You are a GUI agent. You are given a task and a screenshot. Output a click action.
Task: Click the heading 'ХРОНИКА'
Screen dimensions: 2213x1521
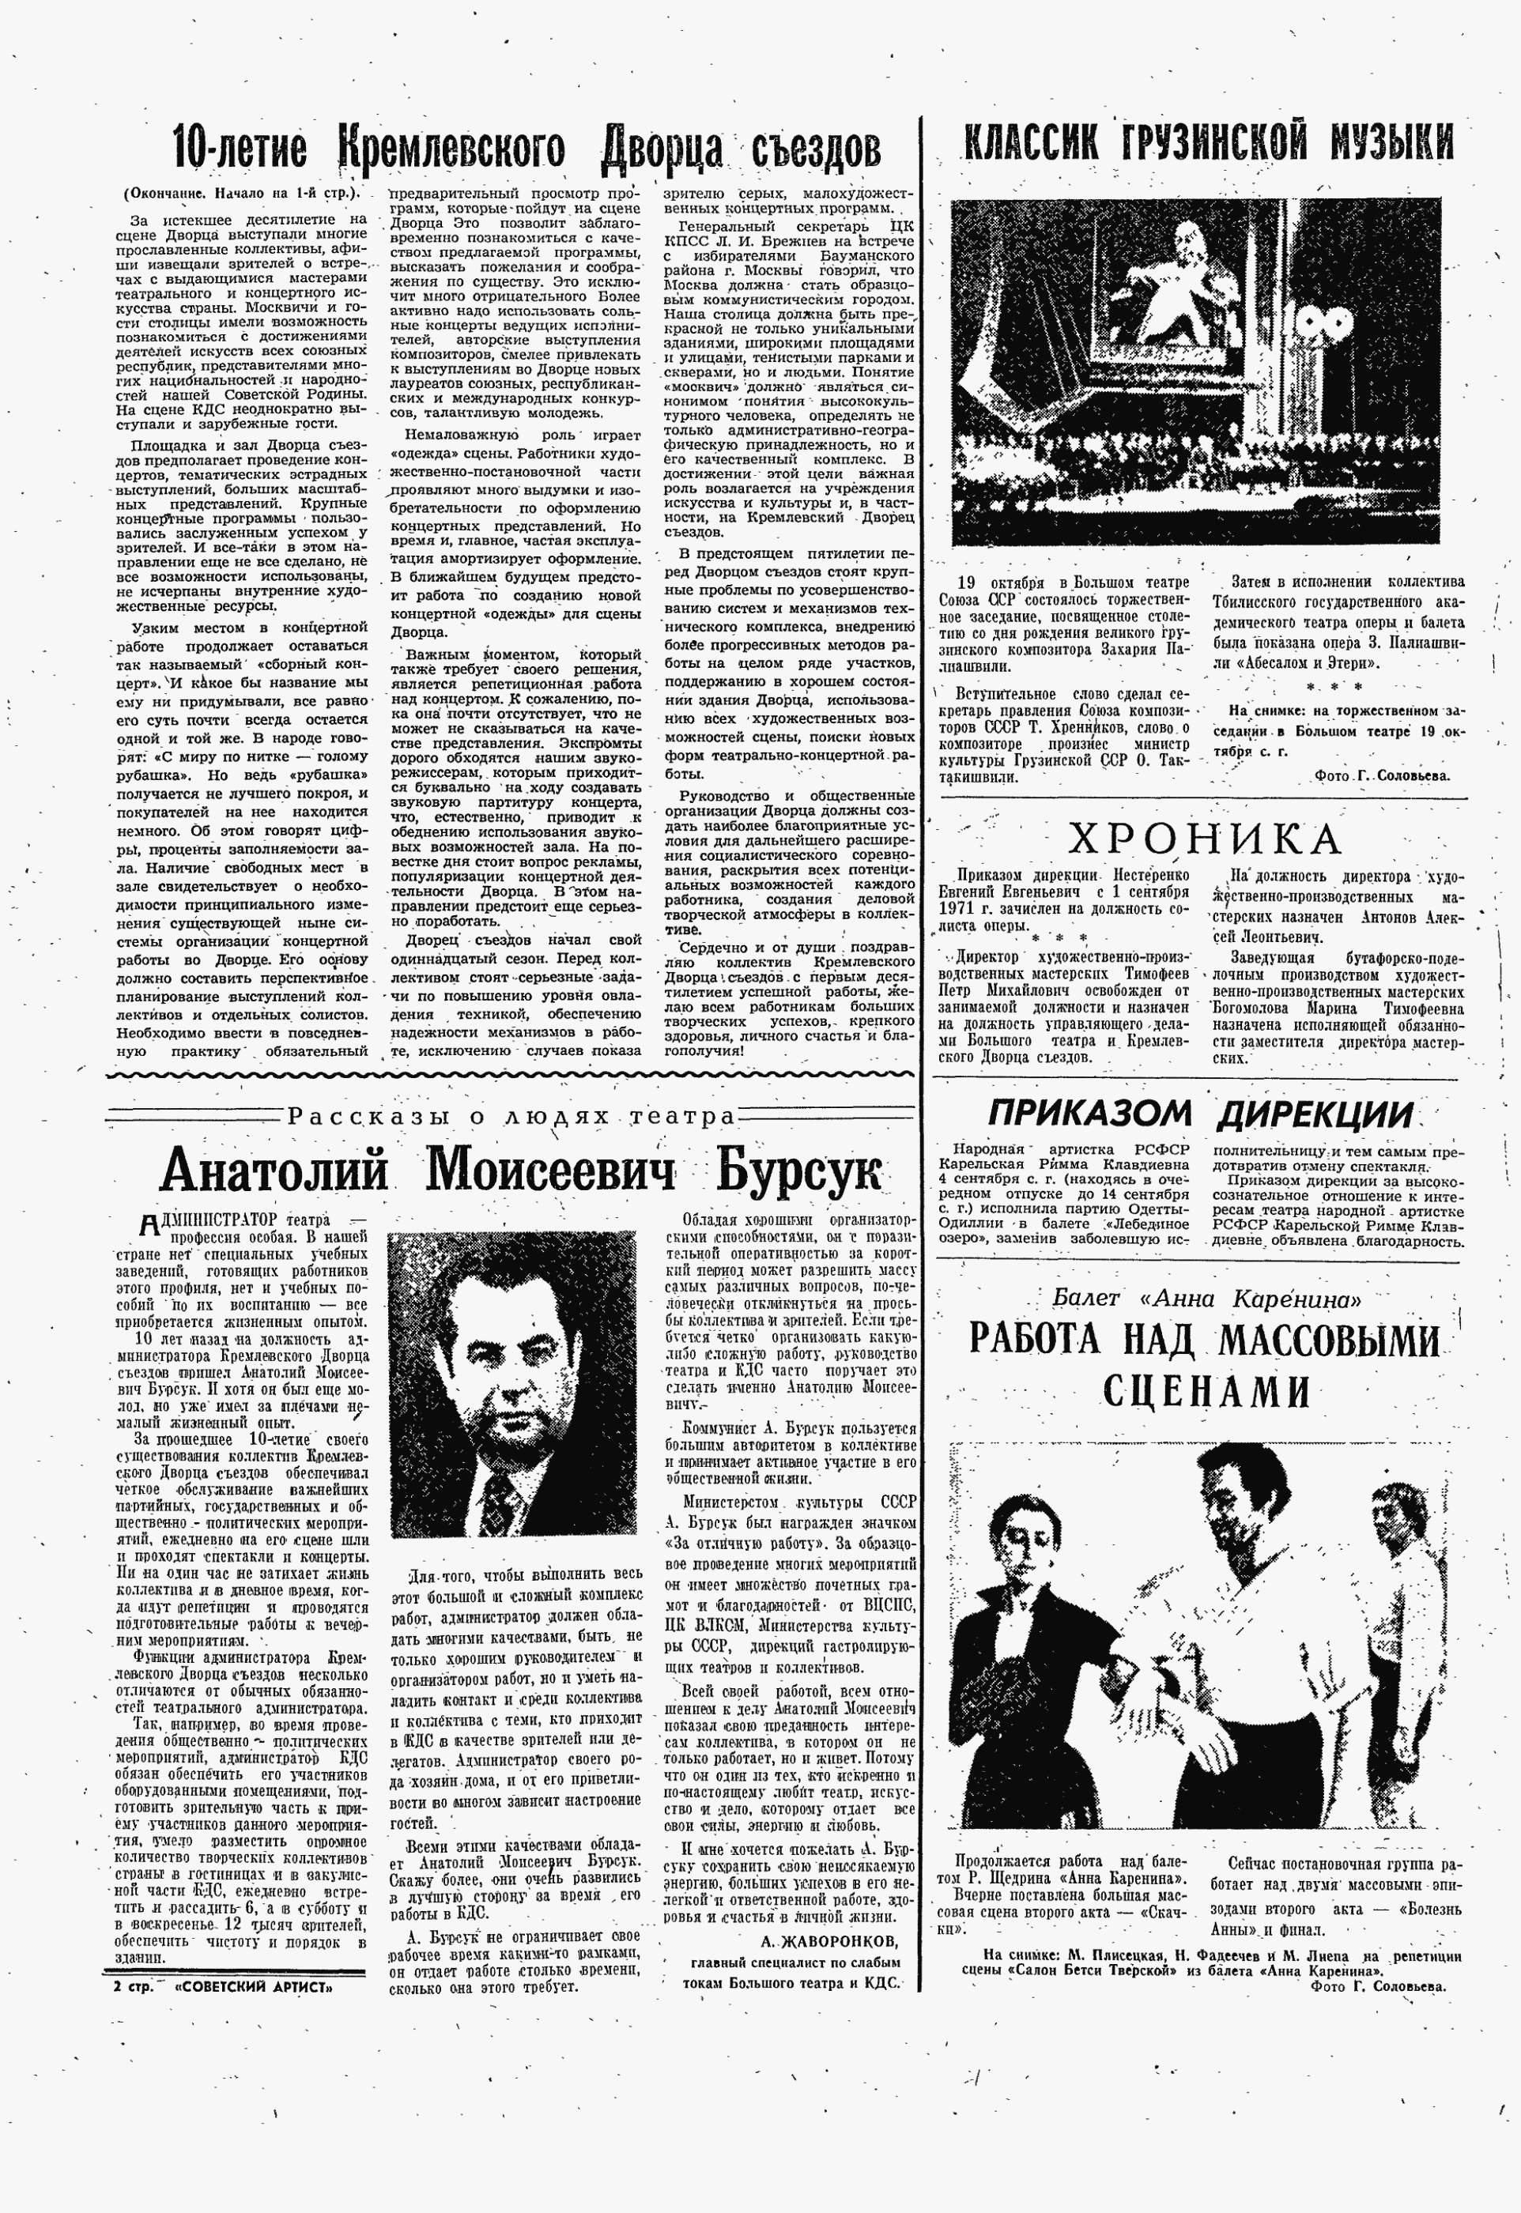pyautogui.click(x=1204, y=839)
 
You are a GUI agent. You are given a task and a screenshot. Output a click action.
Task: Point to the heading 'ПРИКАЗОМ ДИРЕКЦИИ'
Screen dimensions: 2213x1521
pyautogui.click(x=1200, y=1112)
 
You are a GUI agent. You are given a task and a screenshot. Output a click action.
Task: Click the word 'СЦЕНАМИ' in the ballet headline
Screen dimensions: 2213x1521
pyautogui.click(x=1205, y=1390)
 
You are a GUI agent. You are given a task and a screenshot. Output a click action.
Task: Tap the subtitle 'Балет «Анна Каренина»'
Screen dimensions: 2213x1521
pyautogui.click(x=1206, y=1298)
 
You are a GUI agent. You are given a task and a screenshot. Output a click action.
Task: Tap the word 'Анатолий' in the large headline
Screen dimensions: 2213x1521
pyautogui.click(x=274, y=1171)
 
